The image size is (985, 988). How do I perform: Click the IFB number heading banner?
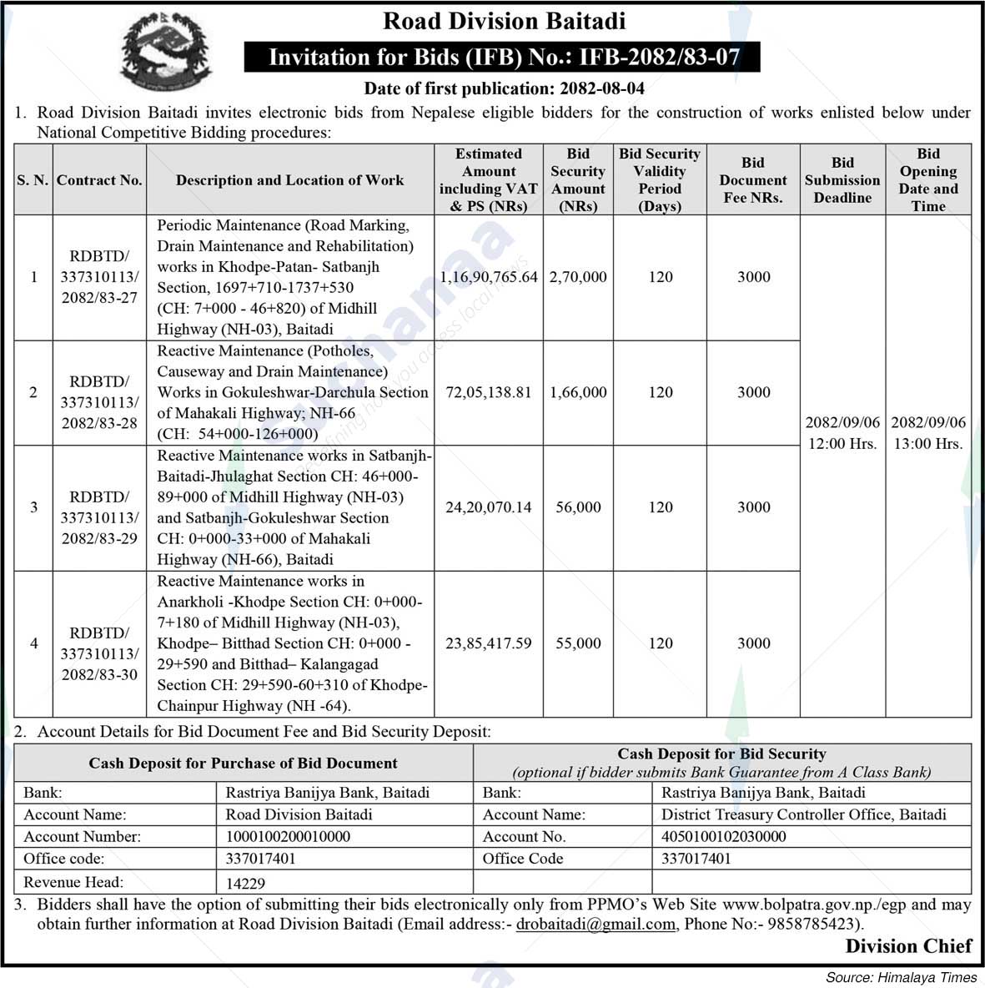point(503,58)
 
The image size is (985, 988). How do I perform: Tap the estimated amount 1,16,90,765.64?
point(489,277)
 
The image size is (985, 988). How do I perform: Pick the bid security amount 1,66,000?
point(578,392)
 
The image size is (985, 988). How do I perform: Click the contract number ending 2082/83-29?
point(99,517)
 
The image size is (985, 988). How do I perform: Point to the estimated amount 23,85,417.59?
point(489,643)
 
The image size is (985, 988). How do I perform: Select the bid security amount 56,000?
point(578,507)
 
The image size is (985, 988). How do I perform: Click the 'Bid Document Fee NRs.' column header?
point(753,180)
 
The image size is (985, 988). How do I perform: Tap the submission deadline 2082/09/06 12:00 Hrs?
point(842,433)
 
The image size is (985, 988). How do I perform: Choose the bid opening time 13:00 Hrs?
point(928,444)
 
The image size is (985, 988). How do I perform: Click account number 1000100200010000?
point(288,836)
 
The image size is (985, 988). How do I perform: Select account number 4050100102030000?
point(723,836)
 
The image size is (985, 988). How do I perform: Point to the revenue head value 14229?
point(246,884)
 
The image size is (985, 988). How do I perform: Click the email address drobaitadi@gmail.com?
point(596,924)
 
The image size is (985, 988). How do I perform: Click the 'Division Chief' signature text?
point(908,945)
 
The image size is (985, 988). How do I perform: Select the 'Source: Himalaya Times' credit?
point(901,977)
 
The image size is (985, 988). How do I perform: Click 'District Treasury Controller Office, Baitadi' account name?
point(803,814)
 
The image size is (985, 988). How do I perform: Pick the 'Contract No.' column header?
point(99,180)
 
